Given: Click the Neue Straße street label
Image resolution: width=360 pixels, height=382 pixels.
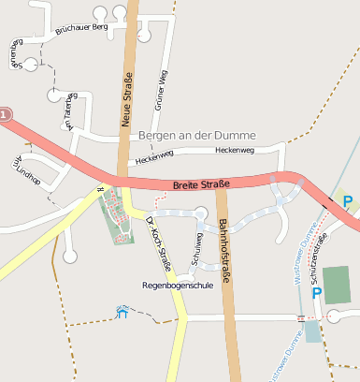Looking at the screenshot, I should (127, 98).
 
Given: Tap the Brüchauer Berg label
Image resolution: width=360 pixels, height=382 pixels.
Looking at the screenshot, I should (82, 29).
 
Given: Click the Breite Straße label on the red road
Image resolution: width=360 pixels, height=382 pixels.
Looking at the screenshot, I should (201, 185).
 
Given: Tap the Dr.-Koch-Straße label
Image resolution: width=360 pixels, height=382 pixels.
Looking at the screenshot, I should (159, 242).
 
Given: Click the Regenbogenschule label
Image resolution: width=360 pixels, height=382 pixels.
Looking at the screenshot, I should (177, 285).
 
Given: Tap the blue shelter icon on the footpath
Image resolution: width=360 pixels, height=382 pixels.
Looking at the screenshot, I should (122, 313).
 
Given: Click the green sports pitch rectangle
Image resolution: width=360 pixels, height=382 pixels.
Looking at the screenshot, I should (338, 285).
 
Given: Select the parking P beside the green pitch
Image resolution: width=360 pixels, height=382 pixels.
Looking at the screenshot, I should (316, 293).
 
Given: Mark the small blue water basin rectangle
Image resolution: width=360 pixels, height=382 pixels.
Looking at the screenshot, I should (312, 331).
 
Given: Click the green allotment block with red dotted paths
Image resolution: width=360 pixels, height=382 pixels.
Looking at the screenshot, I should (117, 214).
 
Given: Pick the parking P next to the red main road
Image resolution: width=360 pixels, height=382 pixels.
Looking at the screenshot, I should (347, 201).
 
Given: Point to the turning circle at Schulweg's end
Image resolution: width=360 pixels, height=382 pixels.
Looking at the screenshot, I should (201, 213).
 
